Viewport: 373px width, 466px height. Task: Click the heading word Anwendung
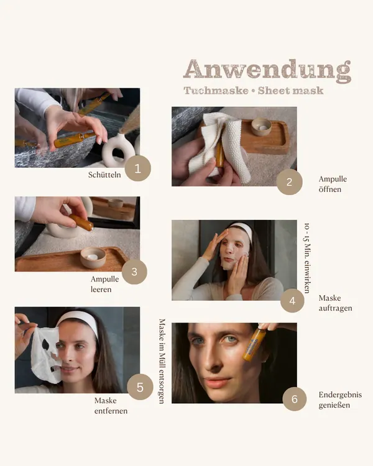tap(267, 70)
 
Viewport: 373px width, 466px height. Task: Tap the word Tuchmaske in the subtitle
tap(216, 90)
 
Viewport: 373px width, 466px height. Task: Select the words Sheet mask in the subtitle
tap(290, 90)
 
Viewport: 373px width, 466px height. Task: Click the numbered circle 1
tap(138, 168)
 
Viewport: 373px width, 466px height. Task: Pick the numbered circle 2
tap(290, 182)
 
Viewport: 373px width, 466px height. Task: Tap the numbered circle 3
tap(134, 272)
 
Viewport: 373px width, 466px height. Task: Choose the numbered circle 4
tap(292, 301)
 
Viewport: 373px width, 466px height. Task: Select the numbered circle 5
tap(140, 387)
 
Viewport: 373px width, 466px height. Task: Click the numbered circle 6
tap(295, 399)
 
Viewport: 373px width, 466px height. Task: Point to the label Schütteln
tap(104, 175)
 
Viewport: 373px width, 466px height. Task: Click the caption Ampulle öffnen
tap(333, 184)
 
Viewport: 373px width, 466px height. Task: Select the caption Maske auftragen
tap(335, 303)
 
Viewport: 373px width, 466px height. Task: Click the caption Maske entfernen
tap(111, 406)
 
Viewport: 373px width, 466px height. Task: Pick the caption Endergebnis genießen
tap(340, 400)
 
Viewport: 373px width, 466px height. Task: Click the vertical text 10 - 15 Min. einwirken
tap(307, 258)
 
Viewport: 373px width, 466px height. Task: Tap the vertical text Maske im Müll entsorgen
tap(162, 362)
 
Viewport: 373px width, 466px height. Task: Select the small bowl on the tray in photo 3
tap(93, 257)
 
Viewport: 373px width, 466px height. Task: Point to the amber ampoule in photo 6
tap(253, 344)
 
